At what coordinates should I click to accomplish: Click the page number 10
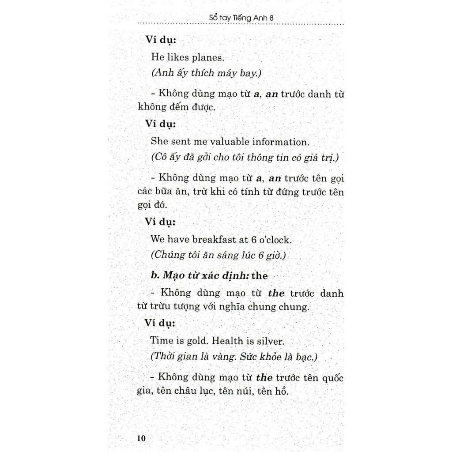[141, 438]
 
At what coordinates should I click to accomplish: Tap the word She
[159, 142]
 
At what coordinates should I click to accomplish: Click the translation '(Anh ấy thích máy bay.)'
[206, 73]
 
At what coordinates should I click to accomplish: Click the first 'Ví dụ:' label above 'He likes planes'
[161, 39]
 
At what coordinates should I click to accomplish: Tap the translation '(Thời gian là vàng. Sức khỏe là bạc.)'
[234, 357]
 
